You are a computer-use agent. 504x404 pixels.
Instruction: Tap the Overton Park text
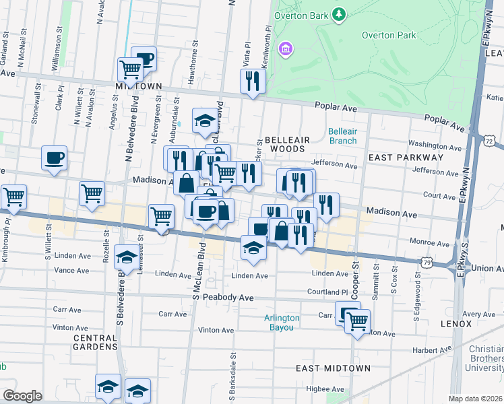coord(389,35)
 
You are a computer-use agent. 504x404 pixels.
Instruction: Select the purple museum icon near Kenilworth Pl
coord(286,48)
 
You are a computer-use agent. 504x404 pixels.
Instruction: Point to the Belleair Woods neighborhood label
coord(287,144)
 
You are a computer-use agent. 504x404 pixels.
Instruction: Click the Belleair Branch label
coord(342,136)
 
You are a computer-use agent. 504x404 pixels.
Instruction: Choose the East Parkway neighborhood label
coord(405,157)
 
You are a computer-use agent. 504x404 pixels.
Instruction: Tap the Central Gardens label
coord(95,342)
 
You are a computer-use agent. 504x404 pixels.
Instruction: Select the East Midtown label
coord(334,368)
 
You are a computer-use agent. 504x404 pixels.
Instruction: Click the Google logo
coord(22,396)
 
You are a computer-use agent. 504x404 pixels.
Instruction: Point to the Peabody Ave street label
coord(230,298)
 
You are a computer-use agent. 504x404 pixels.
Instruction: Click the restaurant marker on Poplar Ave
coord(253,82)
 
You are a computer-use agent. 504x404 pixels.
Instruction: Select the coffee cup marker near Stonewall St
coord(54,159)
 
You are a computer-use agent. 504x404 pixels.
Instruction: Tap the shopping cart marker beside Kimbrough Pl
coord(13,197)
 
